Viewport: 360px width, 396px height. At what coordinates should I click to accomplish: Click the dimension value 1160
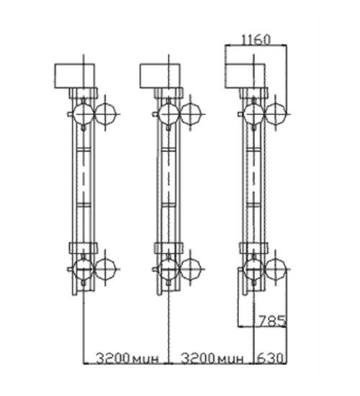coord(256,40)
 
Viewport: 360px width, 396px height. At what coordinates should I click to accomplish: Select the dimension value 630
coord(270,358)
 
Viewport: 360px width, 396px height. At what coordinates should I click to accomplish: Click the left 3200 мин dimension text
coord(127,358)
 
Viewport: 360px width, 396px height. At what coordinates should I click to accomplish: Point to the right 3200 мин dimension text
coord(212,358)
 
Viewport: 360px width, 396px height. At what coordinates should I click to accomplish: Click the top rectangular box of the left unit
coord(75,76)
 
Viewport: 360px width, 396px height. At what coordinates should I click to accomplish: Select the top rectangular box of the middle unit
coord(160,76)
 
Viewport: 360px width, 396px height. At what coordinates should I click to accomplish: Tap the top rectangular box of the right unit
coord(245,76)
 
